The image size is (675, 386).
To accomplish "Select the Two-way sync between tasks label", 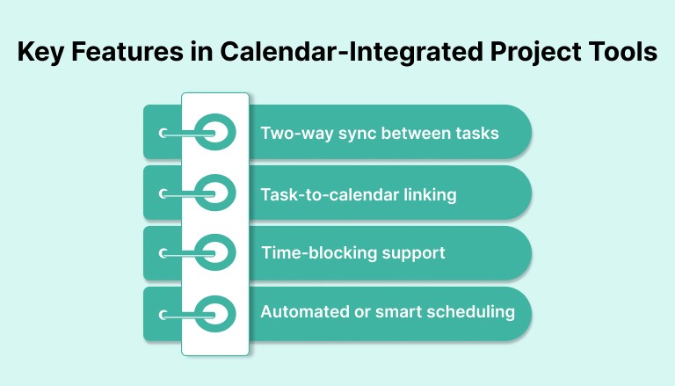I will pos(380,133).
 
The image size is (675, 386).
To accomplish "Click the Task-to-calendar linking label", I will pos(359,194).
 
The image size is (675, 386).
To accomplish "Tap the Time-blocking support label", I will pos(353,253).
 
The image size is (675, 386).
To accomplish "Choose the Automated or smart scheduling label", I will pos(388,312).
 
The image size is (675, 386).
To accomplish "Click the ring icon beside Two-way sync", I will pos(215,133).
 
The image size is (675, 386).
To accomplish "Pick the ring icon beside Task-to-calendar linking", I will pos(215,193).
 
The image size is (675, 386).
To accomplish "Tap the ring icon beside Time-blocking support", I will pos(215,253).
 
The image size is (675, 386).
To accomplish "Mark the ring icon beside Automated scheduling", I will pos(215,313).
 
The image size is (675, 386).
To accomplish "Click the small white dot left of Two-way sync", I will pos(163,133).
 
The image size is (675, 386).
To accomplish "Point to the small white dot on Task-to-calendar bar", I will pos(163,193).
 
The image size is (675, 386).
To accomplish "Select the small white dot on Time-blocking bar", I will pos(163,253).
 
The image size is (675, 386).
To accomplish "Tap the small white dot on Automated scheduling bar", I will pos(163,313).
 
